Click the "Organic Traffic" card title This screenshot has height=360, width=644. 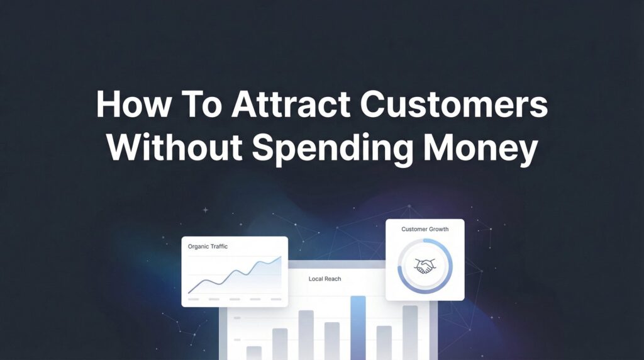pos(208,247)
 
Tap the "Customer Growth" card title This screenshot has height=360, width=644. pos(425,229)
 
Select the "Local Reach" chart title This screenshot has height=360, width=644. pos(325,278)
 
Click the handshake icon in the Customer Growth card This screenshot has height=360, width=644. pos(425,267)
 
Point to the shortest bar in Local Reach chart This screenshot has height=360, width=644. pos(254,352)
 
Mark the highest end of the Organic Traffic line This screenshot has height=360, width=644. pos(280,257)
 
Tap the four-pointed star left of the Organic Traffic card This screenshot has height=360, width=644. pos(205,210)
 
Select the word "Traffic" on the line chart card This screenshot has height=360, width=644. pos(217,247)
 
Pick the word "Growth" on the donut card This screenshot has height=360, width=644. pos(438,229)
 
